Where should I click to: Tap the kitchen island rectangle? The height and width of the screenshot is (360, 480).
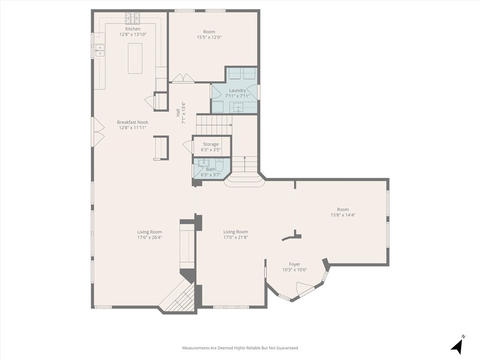[135, 58]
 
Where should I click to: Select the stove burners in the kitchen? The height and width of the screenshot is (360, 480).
[133, 18]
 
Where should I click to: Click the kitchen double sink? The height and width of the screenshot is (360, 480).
[100, 51]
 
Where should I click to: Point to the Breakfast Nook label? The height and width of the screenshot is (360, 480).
[133, 122]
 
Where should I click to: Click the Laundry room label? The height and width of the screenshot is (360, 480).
[237, 90]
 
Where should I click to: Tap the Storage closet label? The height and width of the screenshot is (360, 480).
[210, 144]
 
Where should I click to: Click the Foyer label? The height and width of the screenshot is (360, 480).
[294, 264]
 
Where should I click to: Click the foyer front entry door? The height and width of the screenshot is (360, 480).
[307, 290]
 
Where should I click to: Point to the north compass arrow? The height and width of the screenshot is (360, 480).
[457, 345]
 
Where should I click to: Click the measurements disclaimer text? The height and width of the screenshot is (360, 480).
[240, 348]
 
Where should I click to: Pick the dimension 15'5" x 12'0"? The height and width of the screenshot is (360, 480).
[209, 37]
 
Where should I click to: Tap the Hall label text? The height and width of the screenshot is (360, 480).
[178, 112]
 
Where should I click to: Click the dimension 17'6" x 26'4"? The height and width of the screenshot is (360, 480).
[150, 237]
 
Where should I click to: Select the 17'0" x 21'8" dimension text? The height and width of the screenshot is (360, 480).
[235, 237]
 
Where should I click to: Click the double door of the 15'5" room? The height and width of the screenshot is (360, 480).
[183, 78]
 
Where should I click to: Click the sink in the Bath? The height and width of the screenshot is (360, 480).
[203, 163]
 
